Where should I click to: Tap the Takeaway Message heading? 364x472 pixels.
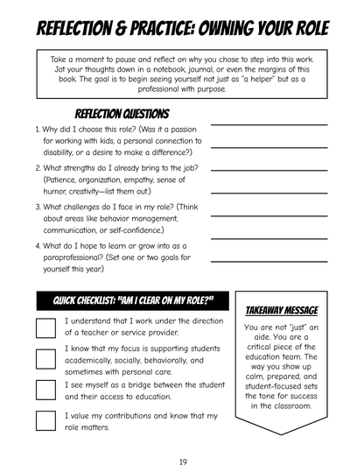(x=282, y=310)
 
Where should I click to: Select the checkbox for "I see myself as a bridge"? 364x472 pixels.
(x=46, y=390)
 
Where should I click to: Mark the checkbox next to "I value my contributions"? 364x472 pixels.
(x=46, y=420)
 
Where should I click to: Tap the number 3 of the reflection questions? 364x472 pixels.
(x=38, y=207)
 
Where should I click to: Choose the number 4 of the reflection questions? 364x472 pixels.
(x=38, y=246)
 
